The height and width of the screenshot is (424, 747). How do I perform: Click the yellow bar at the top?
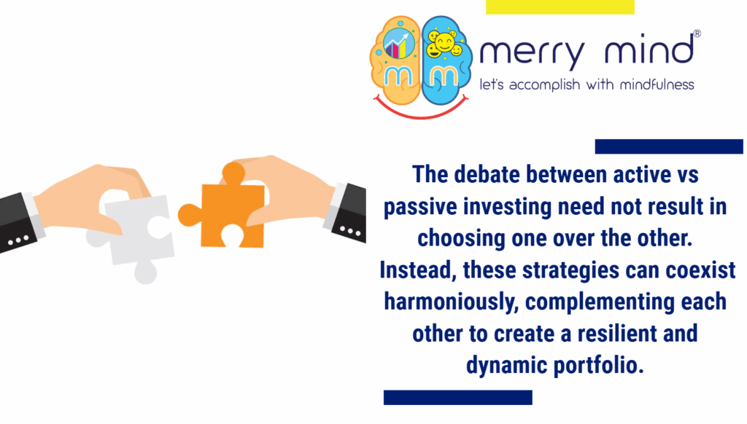(560, 7)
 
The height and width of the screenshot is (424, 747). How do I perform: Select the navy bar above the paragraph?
(668, 146)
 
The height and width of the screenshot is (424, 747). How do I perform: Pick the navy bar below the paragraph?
(457, 397)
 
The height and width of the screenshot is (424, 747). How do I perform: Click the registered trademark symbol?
(697, 34)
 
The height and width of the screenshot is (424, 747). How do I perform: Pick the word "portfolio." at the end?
(595, 365)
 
